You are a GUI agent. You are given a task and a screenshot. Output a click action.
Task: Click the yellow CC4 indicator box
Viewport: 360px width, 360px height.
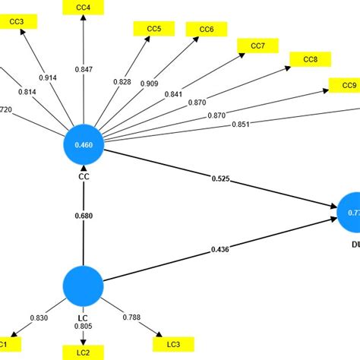coord(84,8)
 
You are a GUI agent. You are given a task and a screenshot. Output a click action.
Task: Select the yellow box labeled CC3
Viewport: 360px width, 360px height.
coord(17,22)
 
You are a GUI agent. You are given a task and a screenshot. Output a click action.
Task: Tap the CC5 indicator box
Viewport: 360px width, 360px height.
coord(154,29)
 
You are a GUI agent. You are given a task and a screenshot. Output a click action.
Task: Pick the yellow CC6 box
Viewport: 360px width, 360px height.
coord(206,30)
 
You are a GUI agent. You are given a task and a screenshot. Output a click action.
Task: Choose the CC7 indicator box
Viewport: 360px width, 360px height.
coord(257,46)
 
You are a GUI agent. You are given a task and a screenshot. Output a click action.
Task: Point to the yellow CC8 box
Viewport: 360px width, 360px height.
coord(311,59)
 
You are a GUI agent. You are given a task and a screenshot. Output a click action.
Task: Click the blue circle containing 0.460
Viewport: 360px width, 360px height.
coord(84,144)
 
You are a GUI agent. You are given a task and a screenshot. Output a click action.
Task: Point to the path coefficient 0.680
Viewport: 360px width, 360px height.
coord(84,215)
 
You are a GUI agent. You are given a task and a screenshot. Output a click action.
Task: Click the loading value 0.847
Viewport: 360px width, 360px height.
coord(84,69)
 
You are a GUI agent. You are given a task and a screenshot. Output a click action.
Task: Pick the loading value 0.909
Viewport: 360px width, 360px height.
coord(150,84)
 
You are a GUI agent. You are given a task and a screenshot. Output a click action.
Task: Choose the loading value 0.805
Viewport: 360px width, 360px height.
coord(84,327)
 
